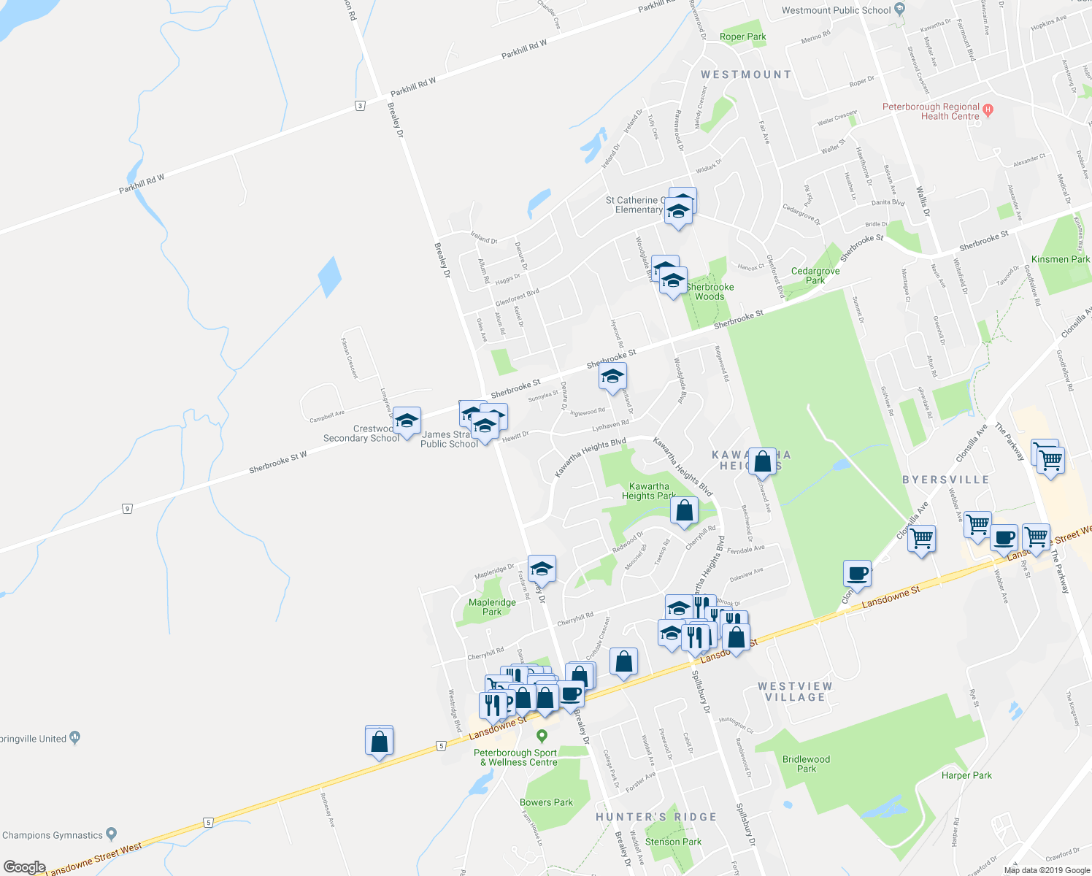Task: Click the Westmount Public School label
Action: click(836, 10)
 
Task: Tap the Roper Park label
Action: click(742, 36)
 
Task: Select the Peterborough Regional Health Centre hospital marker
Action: click(988, 110)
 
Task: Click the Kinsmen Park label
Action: click(1060, 259)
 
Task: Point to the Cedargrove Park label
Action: click(815, 275)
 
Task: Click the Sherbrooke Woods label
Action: click(710, 291)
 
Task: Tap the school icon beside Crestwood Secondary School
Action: click(407, 421)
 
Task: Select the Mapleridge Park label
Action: click(492, 607)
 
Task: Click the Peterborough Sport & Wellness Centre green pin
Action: click(542, 735)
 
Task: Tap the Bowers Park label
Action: click(546, 802)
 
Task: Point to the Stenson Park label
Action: click(673, 842)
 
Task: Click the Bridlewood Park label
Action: click(806, 764)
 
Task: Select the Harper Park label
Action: click(966, 775)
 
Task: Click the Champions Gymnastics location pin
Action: click(111, 833)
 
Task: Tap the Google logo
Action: click(25, 867)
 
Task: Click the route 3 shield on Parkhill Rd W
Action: click(360, 106)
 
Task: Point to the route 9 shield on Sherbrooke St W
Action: click(127, 508)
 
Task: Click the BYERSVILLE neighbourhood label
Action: click(945, 480)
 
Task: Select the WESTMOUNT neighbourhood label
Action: click(745, 74)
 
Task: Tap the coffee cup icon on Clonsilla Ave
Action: click(857, 573)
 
